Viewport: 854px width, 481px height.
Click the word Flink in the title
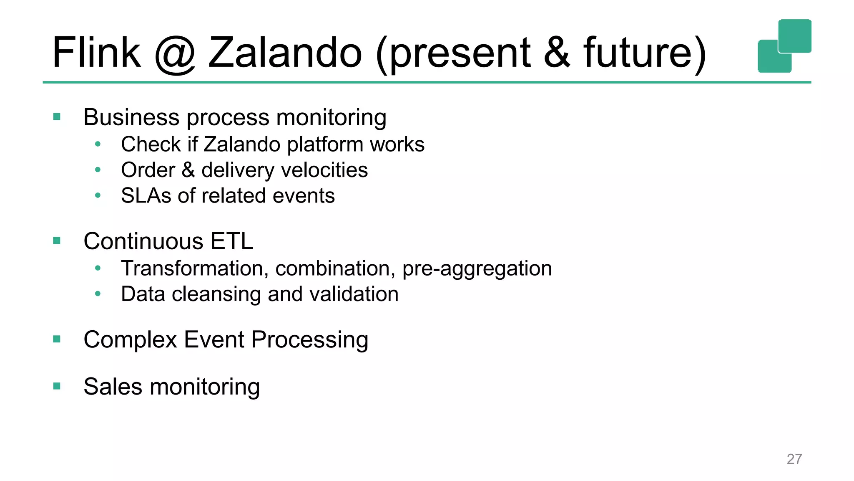[97, 53]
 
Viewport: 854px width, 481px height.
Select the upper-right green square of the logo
[795, 35]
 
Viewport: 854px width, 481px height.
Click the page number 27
[794, 459]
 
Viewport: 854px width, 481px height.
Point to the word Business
[131, 117]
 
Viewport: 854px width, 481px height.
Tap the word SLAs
[146, 196]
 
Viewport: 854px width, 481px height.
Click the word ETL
[231, 241]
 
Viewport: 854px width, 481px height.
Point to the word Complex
[130, 339]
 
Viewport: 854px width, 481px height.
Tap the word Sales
[113, 387]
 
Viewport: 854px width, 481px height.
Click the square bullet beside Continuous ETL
[57, 240]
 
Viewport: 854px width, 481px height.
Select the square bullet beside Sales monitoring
[57, 386]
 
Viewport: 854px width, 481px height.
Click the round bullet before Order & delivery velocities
[98, 170]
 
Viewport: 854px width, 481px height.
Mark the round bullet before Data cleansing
[98, 294]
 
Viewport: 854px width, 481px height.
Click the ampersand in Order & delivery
[188, 170]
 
